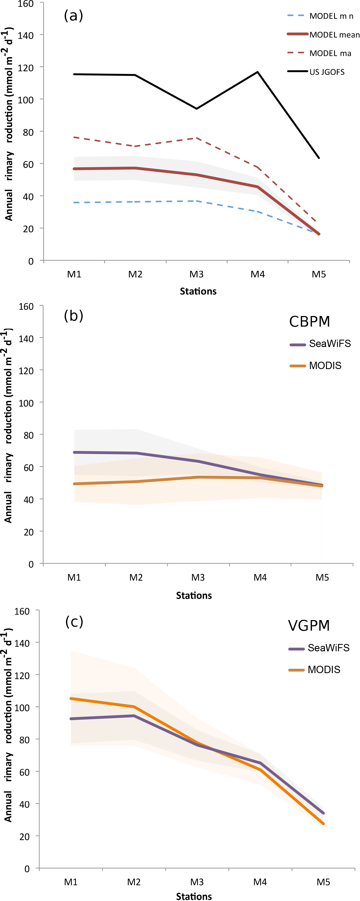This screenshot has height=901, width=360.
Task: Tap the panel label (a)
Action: [73, 16]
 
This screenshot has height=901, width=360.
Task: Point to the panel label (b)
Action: [73, 315]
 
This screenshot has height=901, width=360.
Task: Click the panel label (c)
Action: [74, 621]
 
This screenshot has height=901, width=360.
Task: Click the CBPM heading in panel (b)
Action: [309, 321]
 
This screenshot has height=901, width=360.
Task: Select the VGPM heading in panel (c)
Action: [309, 626]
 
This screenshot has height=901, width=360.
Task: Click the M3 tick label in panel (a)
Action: [196, 274]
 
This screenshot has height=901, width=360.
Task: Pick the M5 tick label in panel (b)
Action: [322, 577]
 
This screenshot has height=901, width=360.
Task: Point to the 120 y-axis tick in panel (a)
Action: [26, 67]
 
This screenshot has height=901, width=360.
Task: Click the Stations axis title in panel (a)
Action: [198, 291]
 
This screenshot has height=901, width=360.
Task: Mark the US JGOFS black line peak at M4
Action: [257, 72]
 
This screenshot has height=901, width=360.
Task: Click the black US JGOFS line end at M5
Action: [319, 158]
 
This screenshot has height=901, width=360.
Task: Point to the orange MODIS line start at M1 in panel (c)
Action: [71, 698]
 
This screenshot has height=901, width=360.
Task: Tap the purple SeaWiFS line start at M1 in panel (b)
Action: [75, 452]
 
